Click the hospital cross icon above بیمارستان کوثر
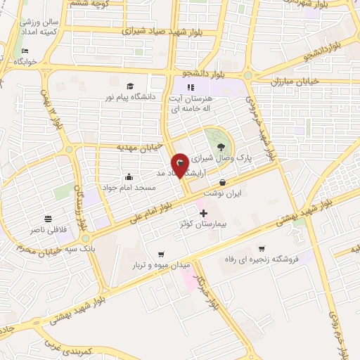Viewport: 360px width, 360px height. click(x=204, y=213)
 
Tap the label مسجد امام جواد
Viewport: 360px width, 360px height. click(x=128, y=188)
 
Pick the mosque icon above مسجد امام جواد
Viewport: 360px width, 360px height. click(x=129, y=176)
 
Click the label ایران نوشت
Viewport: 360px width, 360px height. click(x=222, y=192)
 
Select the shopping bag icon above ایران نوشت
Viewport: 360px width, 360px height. click(x=222, y=181)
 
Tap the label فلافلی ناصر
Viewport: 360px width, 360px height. click(x=46, y=230)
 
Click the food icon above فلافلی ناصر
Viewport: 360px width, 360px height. click(x=47, y=219)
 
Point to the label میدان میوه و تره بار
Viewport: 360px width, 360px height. click(x=162, y=266)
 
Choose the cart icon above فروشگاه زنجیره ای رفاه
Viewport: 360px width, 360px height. click(x=262, y=247)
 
